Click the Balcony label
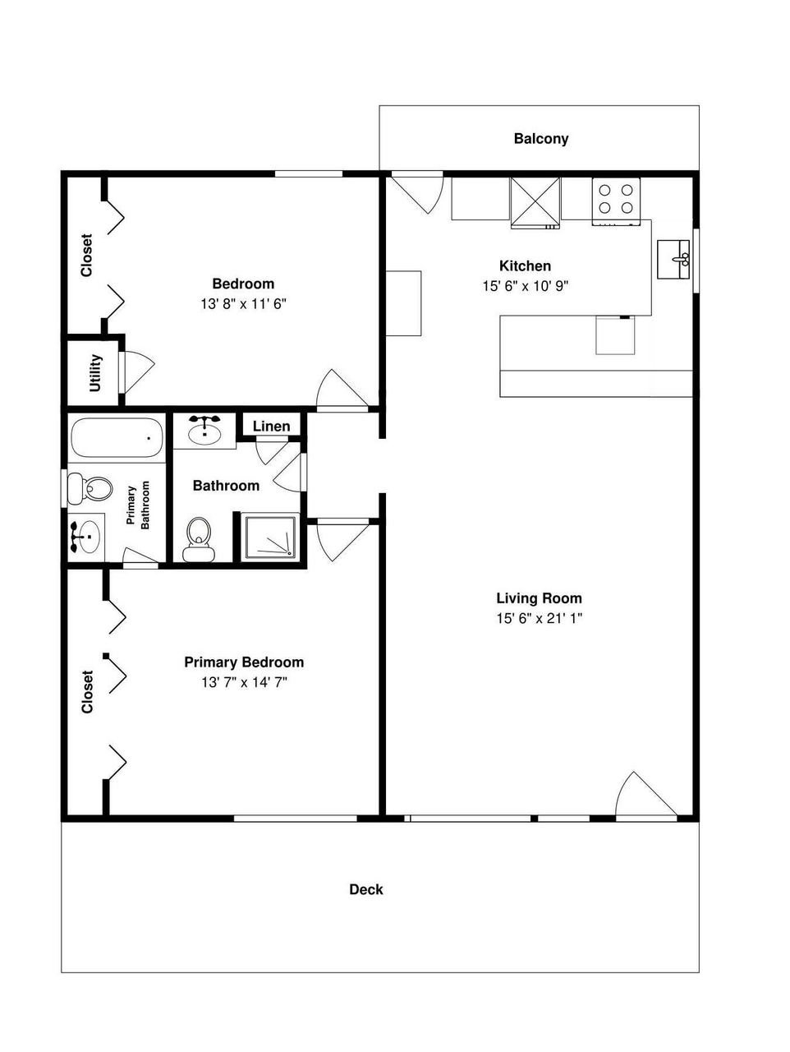pos(541,139)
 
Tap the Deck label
pos(366,890)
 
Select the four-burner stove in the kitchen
pos(616,201)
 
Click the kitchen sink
pos(673,259)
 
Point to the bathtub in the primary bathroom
pos(117,438)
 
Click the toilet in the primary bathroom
pos(90,489)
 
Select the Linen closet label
pos(272,426)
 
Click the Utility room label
pos(95,373)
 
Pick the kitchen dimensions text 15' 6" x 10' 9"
pos(526,286)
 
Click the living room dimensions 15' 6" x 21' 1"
pos(539,618)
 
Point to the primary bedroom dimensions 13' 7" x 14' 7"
pos(244,682)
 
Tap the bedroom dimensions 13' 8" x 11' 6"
pos(243,304)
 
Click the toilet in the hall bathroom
pos(199,540)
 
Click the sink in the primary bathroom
pos(86,537)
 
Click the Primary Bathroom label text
pos(138,505)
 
